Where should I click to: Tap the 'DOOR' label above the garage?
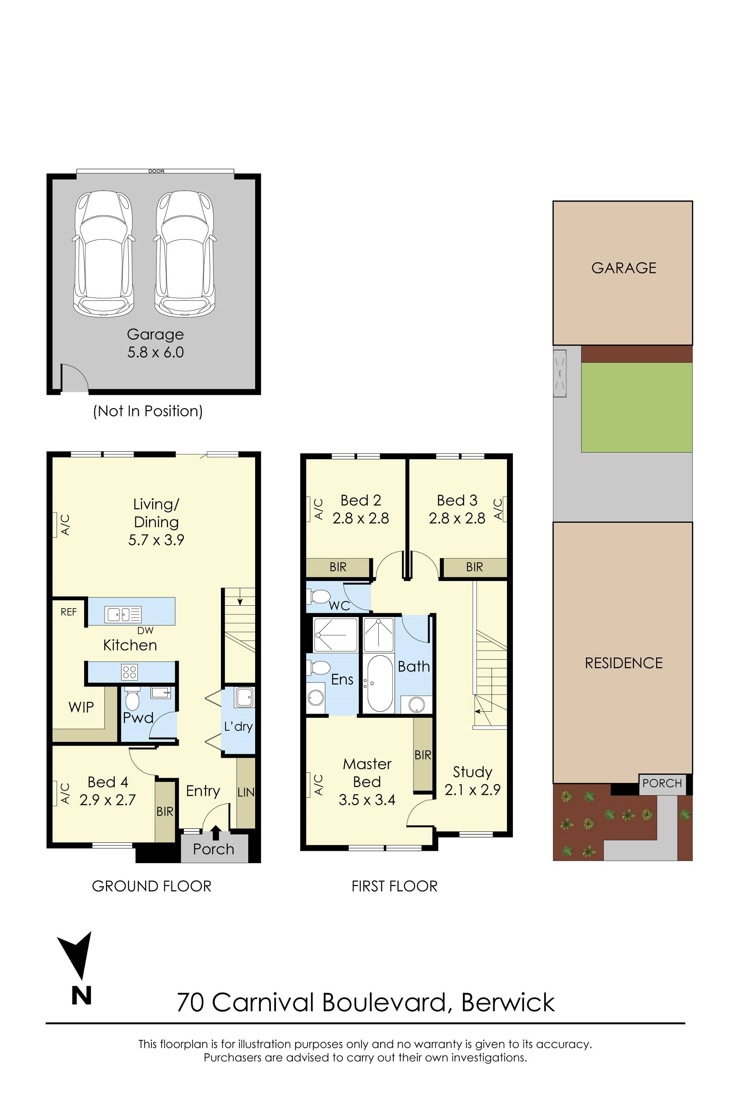156,171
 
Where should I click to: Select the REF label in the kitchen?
69,612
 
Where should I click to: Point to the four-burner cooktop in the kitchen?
129,671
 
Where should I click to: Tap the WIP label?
81,707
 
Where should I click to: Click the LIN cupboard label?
246,792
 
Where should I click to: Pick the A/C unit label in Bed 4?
65,793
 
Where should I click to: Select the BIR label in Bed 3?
474,567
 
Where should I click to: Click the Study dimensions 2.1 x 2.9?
472,790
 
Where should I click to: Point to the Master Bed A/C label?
318,784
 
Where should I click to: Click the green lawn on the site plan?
636,407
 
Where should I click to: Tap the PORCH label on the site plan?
662,783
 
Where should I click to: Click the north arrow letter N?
81,996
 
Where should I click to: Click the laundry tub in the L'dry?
244,697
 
